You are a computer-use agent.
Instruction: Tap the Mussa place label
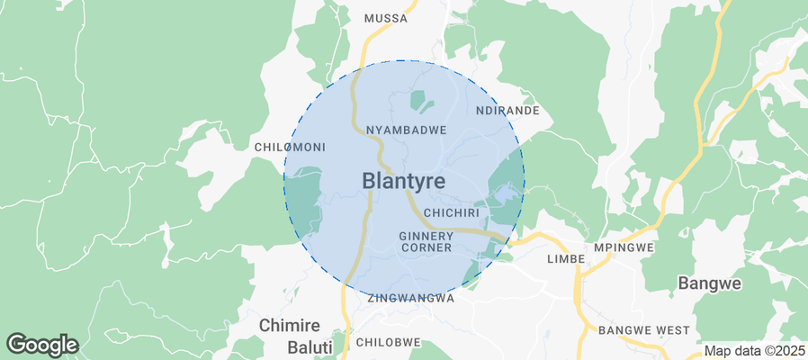coord(385,18)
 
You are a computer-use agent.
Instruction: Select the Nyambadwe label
coord(406,130)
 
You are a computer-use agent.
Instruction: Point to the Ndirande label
coord(507,111)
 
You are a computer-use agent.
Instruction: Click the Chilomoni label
coord(290,147)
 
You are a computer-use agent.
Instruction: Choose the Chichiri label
coord(454,212)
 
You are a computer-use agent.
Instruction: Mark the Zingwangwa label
coord(410,297)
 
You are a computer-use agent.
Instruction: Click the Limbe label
coord(566,258)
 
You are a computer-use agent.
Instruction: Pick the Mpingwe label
coord(624,247)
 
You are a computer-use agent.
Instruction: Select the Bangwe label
coord(708,283)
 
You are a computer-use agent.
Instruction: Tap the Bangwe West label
coord(643,330)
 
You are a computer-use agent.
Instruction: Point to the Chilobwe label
coord(389,342)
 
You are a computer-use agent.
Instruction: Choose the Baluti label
coord(296,346)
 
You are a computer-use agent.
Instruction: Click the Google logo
coord(42,344)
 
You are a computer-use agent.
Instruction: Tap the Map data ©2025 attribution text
coord(754,351)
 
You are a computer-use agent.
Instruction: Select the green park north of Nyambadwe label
coord(419,100)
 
